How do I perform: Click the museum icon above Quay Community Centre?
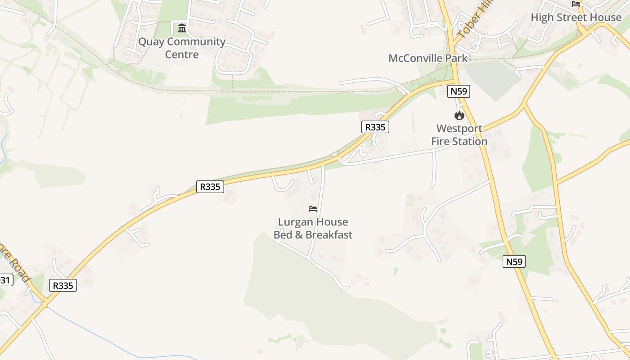(182, 28)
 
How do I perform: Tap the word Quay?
(151, 42)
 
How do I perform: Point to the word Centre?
(182, 55)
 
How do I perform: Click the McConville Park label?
(428, 58)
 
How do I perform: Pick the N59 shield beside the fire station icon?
(459, 91)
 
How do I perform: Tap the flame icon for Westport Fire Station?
(459, 115)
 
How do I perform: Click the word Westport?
(459, 129)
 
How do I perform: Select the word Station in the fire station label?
(470, 141)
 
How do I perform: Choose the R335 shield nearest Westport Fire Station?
(375, 127)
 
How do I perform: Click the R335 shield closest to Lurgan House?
(210, 186)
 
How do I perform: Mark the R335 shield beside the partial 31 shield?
(63, 285)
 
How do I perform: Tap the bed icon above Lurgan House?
(313, 209)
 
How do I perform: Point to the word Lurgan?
(294, 222)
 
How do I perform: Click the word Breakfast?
(329, 235)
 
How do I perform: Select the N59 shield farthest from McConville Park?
(514, 261)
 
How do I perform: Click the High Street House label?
(576, 18)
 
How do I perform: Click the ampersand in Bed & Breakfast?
(299, 235)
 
